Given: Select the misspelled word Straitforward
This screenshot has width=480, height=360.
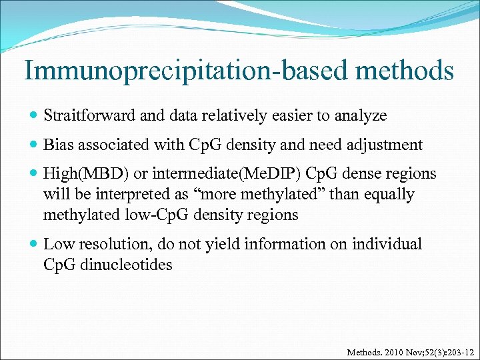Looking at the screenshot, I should (91, 115).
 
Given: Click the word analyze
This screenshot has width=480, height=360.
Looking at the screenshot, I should (360, 115).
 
